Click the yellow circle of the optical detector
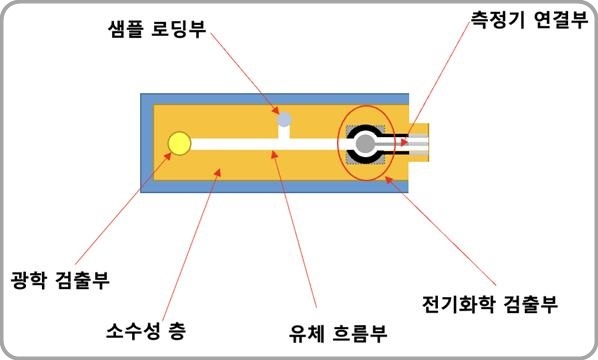180,144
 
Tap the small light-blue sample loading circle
285,120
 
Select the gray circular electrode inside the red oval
366,146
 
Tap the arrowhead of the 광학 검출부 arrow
171,153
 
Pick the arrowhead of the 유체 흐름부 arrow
273,151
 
